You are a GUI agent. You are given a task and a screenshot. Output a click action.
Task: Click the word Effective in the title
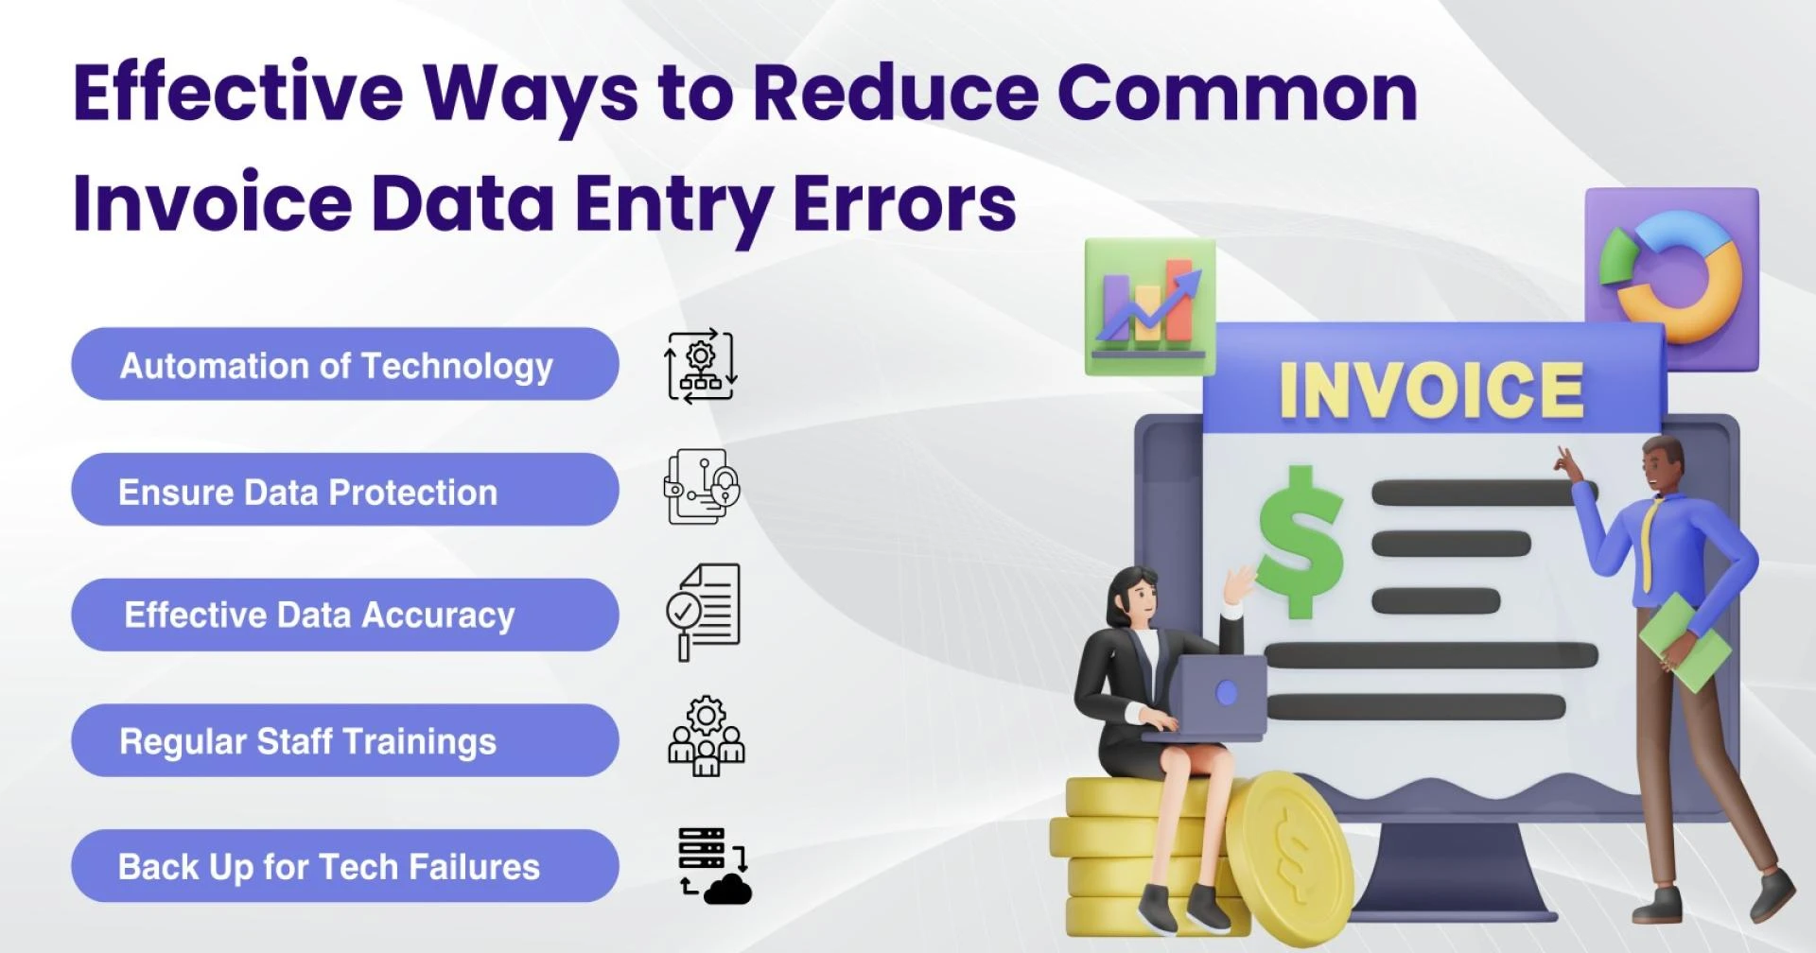pyautogui.click(x=238, y=93)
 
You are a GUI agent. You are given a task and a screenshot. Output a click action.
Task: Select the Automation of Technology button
pyautogui.click(x=344, y=365)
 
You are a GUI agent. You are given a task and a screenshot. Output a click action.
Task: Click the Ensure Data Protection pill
pyautogui.click(x=344, y=491)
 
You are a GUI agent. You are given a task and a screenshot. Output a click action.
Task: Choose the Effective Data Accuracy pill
pyautogui.click(x=344, y=615)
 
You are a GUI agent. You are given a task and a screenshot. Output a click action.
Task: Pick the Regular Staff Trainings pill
pyautogui.click(x=344, y=741)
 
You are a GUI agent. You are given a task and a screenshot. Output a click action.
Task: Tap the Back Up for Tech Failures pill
pyautogui.click(x=344, y=866)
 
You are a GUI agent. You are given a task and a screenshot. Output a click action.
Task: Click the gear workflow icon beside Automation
pyautogui.click(x=701, y=366)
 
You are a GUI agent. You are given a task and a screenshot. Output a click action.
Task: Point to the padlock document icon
pyautogui.click(x=702, y=487)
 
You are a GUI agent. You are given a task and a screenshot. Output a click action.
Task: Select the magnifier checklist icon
pyautogui.click(x=704, y=610)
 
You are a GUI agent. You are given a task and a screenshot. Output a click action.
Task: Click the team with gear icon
pyautogui.click(x=706, y=737)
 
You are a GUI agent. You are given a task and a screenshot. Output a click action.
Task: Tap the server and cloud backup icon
pyautogui.click(x=714, y=865)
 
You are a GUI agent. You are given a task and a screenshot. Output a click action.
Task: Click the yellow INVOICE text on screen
pyautogui.click(x=1431, y=390)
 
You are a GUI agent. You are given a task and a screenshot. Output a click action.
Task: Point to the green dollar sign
pyautogui.click(x=1301, y=542)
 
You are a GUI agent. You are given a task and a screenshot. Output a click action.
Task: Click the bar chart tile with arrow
pyautogui.click(x=1149, y=305)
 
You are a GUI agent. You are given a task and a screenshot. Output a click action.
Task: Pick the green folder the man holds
pyautogui.click(x=1684, y=641)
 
